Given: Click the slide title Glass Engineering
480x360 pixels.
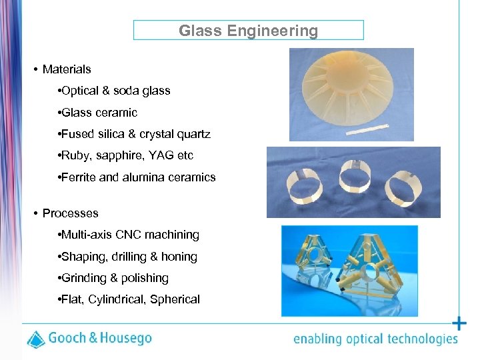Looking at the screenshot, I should (x=248, y=31).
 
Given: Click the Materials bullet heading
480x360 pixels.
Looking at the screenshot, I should (x=67, y=69).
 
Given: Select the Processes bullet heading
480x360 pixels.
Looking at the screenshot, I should (x=70, y=213).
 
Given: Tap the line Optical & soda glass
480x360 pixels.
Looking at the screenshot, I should (x=115, y=91).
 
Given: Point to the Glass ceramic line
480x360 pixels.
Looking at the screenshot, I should (x=98, y=113).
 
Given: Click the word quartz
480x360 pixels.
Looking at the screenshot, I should (x=193, y=134).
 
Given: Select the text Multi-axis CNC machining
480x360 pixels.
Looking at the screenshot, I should (x=130, y=235).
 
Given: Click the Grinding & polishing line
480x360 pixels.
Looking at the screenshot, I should (x=114, y=278).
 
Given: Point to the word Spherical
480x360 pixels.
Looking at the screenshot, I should (x=175, y=299).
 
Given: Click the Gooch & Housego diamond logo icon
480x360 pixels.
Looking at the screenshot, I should (x=36, y=339).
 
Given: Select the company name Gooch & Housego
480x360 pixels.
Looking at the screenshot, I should (x=100, y=339).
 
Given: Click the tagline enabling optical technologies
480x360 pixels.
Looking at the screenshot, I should (x=375, y=339).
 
